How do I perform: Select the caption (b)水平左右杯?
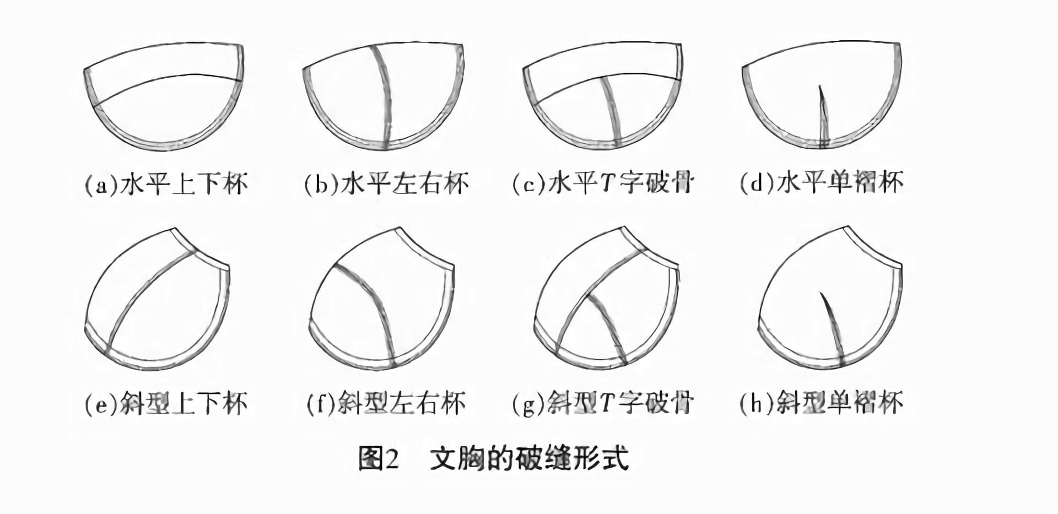pos(386,183)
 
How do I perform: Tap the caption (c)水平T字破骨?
pos(603,183)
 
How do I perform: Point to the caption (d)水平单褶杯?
pos(821,183)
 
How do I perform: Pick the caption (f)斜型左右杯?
pos(386,404)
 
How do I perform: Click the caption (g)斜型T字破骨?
pos(603,404)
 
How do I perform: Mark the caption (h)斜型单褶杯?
pos(821,404)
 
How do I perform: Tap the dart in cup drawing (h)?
pos(833,328)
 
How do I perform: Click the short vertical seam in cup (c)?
pos(612,110)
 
